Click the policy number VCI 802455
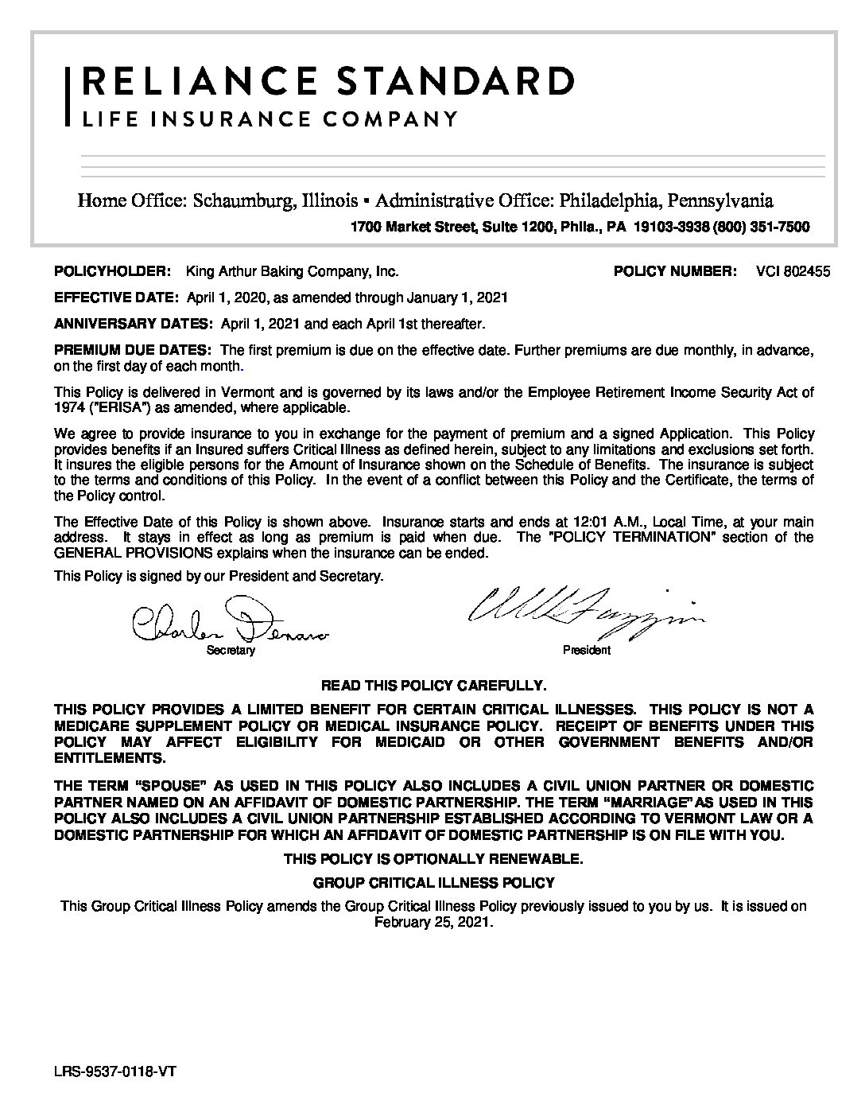click(x=793, y=271)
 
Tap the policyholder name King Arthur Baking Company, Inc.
click(x=291, y=271)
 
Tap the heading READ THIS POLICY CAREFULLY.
click(x=432, y=685)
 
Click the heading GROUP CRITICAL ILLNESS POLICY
click(x=433, y=882)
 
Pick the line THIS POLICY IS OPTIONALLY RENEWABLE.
click(x=433, y=859)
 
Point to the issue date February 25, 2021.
click(x=433, y=923)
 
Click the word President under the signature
click(x=587, y=651)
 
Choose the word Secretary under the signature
click(x=231, y=651)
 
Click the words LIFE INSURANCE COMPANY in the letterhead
click(x=270, y=119)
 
